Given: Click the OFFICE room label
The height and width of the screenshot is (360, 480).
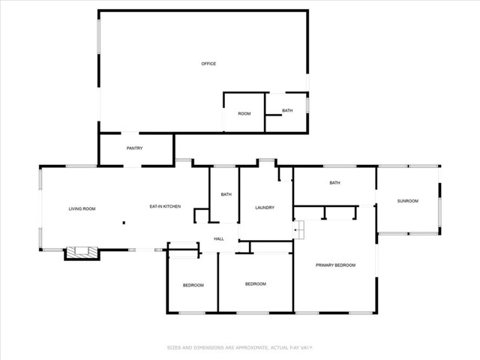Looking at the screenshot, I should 208,64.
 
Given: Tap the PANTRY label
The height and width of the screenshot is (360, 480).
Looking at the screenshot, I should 134,148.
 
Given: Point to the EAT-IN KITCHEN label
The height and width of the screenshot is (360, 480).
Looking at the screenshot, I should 165,206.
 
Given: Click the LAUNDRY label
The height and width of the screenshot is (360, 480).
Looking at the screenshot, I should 264,208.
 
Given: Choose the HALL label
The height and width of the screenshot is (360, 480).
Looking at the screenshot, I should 219,238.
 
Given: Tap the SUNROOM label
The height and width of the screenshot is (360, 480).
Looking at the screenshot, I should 407,201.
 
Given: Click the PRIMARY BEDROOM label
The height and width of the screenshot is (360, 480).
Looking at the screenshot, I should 335,265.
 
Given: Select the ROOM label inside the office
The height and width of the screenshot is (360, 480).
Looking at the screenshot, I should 244,113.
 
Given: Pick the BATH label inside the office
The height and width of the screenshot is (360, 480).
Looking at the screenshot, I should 287,111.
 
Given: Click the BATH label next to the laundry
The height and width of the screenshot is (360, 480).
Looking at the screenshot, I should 226,195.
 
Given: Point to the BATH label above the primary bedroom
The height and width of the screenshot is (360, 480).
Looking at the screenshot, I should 334,183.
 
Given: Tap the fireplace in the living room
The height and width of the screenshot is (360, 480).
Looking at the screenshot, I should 81,253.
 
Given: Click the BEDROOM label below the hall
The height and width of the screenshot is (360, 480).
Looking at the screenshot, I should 256,283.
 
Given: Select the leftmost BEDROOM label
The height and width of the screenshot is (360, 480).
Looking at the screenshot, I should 193,285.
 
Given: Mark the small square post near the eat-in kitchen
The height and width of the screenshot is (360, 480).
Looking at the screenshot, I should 124,222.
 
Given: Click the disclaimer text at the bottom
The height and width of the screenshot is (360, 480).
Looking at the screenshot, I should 239,347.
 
